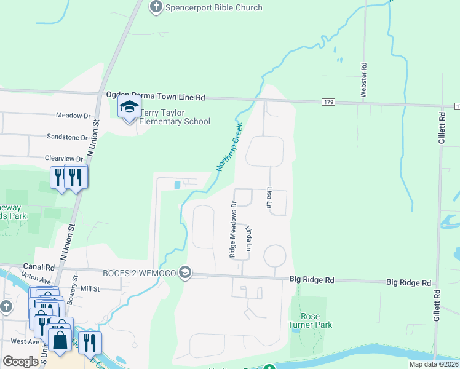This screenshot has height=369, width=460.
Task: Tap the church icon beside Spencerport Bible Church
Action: tap(156, 7)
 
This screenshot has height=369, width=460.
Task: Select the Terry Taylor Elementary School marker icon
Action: tap(129, 108)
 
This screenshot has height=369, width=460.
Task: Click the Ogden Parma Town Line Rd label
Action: tap(155, 97)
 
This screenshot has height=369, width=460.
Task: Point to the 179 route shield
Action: tap(328, 101)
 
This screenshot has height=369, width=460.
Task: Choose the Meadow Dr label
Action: tap(73, 115)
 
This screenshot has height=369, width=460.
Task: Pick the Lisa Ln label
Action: tap(269, 196)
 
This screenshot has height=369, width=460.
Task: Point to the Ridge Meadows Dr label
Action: tap(233, 230)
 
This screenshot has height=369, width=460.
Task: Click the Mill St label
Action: tap(90, 288)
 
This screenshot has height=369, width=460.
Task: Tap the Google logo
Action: tap(20, 361)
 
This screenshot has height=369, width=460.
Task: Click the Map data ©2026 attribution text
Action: tap(433, 364)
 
